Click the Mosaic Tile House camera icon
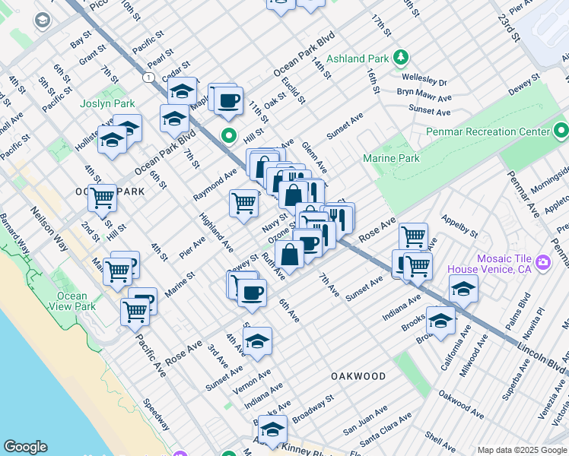tap(543, 263)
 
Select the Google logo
tap(25, 447)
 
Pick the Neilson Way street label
tap(48, 228)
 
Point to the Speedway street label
tap(157, 414)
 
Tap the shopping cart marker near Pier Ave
tap(243, 202)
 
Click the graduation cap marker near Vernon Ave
tap(257, 340)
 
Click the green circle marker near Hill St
tap(227, 137)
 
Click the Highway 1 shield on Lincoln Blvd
tap(148, 78)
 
